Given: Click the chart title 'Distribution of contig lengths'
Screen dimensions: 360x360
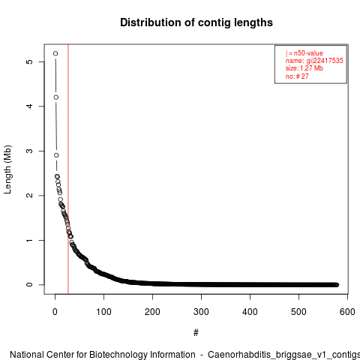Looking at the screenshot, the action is [196, 22].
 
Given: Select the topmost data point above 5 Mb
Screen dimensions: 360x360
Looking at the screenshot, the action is [55, 53].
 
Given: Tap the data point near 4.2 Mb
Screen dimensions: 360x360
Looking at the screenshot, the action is [56, 97].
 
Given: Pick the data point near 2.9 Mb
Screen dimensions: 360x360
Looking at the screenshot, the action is [56, 155].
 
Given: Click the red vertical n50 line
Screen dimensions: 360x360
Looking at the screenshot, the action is [68, 169].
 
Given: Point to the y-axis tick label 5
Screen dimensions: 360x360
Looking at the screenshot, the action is [29, 61].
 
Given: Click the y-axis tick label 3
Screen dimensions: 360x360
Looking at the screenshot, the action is [29, 151].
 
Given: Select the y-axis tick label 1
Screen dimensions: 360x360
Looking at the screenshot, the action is [29, 240].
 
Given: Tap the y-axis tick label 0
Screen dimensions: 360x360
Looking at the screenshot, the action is [29, 284].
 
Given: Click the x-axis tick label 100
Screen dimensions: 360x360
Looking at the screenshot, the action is [103, 312].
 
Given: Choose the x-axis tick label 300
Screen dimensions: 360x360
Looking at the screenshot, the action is [201, 312].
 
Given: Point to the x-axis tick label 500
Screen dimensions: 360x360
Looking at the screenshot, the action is [298, 312].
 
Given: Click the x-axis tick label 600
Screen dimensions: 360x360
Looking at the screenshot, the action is [347, 312].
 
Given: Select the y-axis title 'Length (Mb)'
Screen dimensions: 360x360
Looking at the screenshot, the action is [7, 169].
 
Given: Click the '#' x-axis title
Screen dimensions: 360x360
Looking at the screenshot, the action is [196, 333].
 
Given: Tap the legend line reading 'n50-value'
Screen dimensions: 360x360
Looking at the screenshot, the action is [308, 53].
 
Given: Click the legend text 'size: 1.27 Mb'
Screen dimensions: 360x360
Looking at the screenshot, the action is [304, 68].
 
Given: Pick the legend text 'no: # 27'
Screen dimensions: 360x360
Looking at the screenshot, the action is [297, 76].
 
